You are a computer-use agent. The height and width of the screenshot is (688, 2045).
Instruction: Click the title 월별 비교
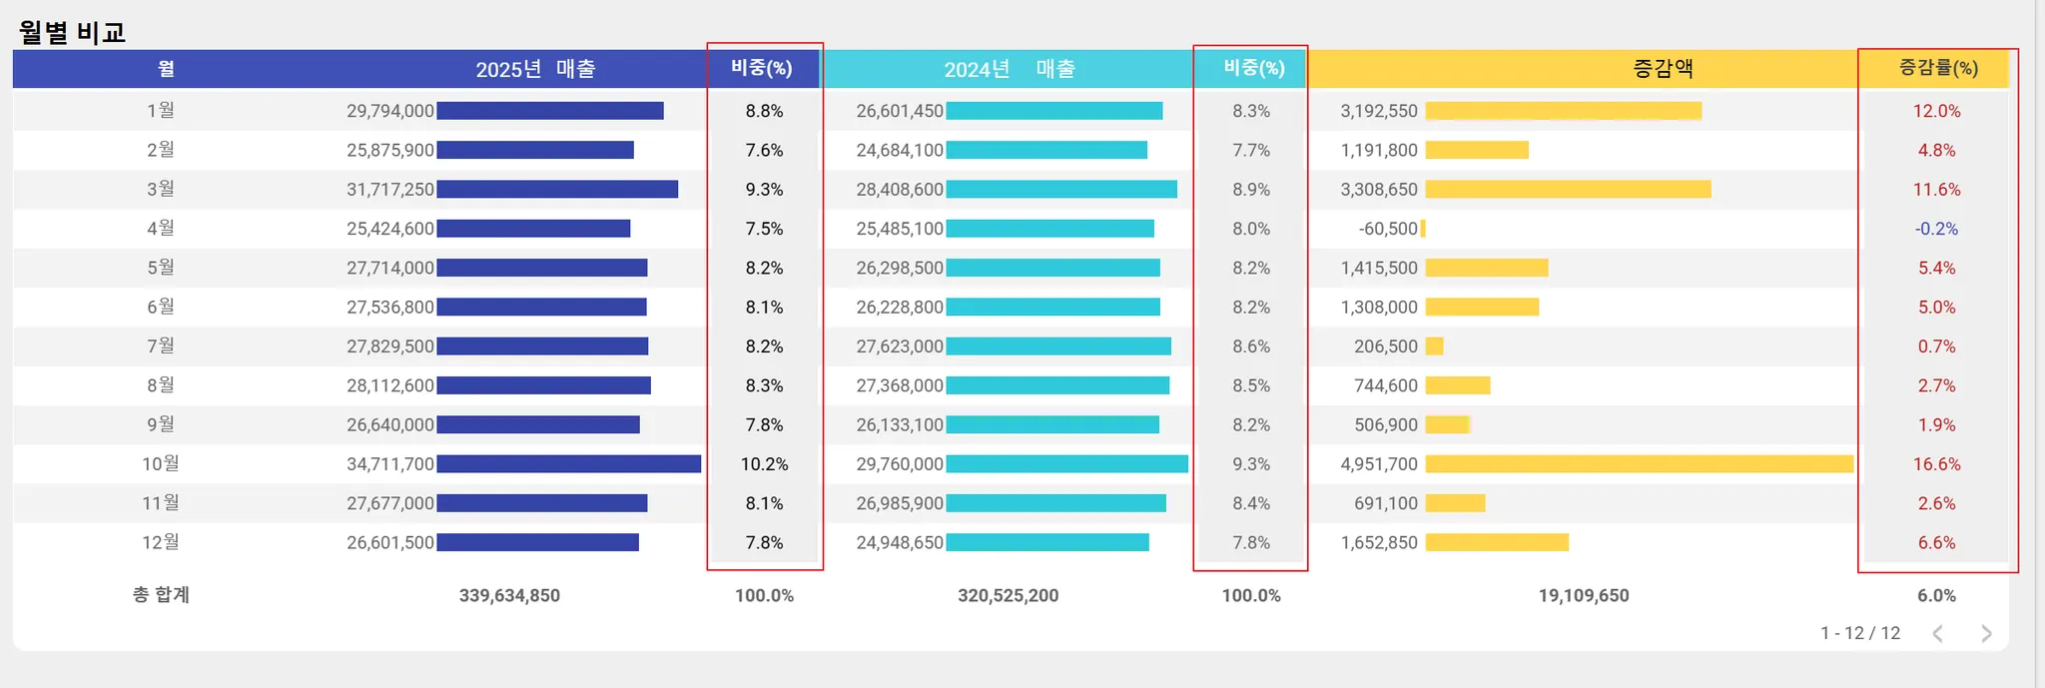tap(72, 32)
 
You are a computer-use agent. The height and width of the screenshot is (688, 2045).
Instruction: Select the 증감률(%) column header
tap(1937, 68)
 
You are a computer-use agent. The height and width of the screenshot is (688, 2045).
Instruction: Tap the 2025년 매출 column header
tap(535, 69)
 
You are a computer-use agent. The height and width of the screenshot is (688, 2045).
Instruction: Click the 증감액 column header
tap(1663, 68)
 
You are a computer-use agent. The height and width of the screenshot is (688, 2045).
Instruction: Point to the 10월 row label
tap(161, 463)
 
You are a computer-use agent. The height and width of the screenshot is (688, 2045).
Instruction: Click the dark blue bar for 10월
tap(568, 464)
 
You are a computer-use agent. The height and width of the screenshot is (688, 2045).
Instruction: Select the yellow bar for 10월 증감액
tap(1638, 464)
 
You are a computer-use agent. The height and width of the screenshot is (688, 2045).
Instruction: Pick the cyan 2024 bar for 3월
tap(1061, 190)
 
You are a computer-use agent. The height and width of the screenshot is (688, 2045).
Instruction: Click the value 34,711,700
tap(390, 464)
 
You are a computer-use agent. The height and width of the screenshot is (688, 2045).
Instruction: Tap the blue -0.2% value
tap(1936, 229)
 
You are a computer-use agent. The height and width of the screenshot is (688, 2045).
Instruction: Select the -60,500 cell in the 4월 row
tap(1388, 229)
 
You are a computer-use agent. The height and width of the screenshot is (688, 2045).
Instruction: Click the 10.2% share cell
tap(764, 464)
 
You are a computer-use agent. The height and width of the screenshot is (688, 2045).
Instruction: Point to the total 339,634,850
tap(509, 596)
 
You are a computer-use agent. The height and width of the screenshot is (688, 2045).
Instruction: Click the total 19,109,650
tap(1584, 596)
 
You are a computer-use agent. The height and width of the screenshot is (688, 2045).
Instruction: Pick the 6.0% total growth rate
tap(1936, 596)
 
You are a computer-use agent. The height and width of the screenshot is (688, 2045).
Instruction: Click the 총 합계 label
tap(161, 595)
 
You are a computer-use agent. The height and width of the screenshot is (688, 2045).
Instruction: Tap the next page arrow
tap(1986, 634)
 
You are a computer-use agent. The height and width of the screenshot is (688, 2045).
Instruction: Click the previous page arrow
tap(1938, 634)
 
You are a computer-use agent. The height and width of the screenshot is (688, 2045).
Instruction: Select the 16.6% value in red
tap(1936, 464)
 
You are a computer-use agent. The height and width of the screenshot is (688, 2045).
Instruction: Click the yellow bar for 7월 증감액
tap(1434, 346)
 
